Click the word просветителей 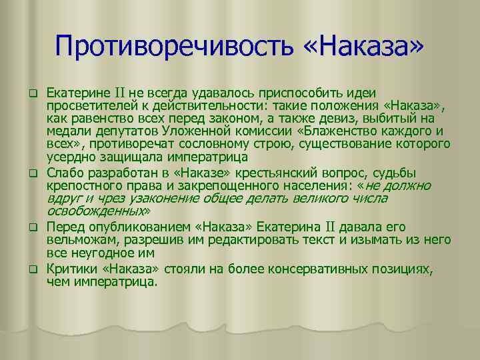87,105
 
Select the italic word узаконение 158,198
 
